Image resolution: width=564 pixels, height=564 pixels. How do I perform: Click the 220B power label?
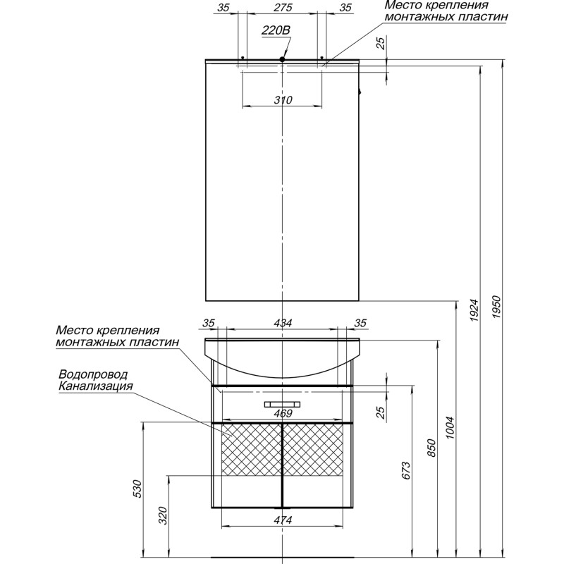(276, 30)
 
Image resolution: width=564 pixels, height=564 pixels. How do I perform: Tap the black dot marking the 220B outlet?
(283, 59)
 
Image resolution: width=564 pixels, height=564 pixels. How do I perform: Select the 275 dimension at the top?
(283, 8)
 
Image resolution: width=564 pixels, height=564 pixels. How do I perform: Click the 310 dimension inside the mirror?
(283, 99)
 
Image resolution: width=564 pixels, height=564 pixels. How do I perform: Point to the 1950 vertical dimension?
(497, 307)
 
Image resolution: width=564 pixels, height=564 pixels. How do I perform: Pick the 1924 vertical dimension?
(474, 310)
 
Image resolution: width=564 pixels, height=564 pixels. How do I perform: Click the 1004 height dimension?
(449, 428)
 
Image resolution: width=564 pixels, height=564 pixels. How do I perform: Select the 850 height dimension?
(431, 448)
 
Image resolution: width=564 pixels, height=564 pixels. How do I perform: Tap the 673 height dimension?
(406, 470)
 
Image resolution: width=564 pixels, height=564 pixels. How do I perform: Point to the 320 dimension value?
(164, 515)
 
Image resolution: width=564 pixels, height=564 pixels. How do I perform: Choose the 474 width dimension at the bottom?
(283, 520)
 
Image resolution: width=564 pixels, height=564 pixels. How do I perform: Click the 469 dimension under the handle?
(283, 414)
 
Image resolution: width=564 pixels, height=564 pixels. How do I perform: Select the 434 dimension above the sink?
(283, 323)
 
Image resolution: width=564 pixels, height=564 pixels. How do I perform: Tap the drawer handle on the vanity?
(283, 404)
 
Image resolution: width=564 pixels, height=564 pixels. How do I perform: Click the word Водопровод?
(93, 374)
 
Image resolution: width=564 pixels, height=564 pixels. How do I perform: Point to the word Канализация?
(96, 386)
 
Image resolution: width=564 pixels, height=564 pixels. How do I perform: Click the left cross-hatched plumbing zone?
(252, 450)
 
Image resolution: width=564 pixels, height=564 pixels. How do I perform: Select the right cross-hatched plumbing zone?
(313, 450)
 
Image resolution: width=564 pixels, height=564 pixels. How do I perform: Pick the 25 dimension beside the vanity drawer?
(381, 410)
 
